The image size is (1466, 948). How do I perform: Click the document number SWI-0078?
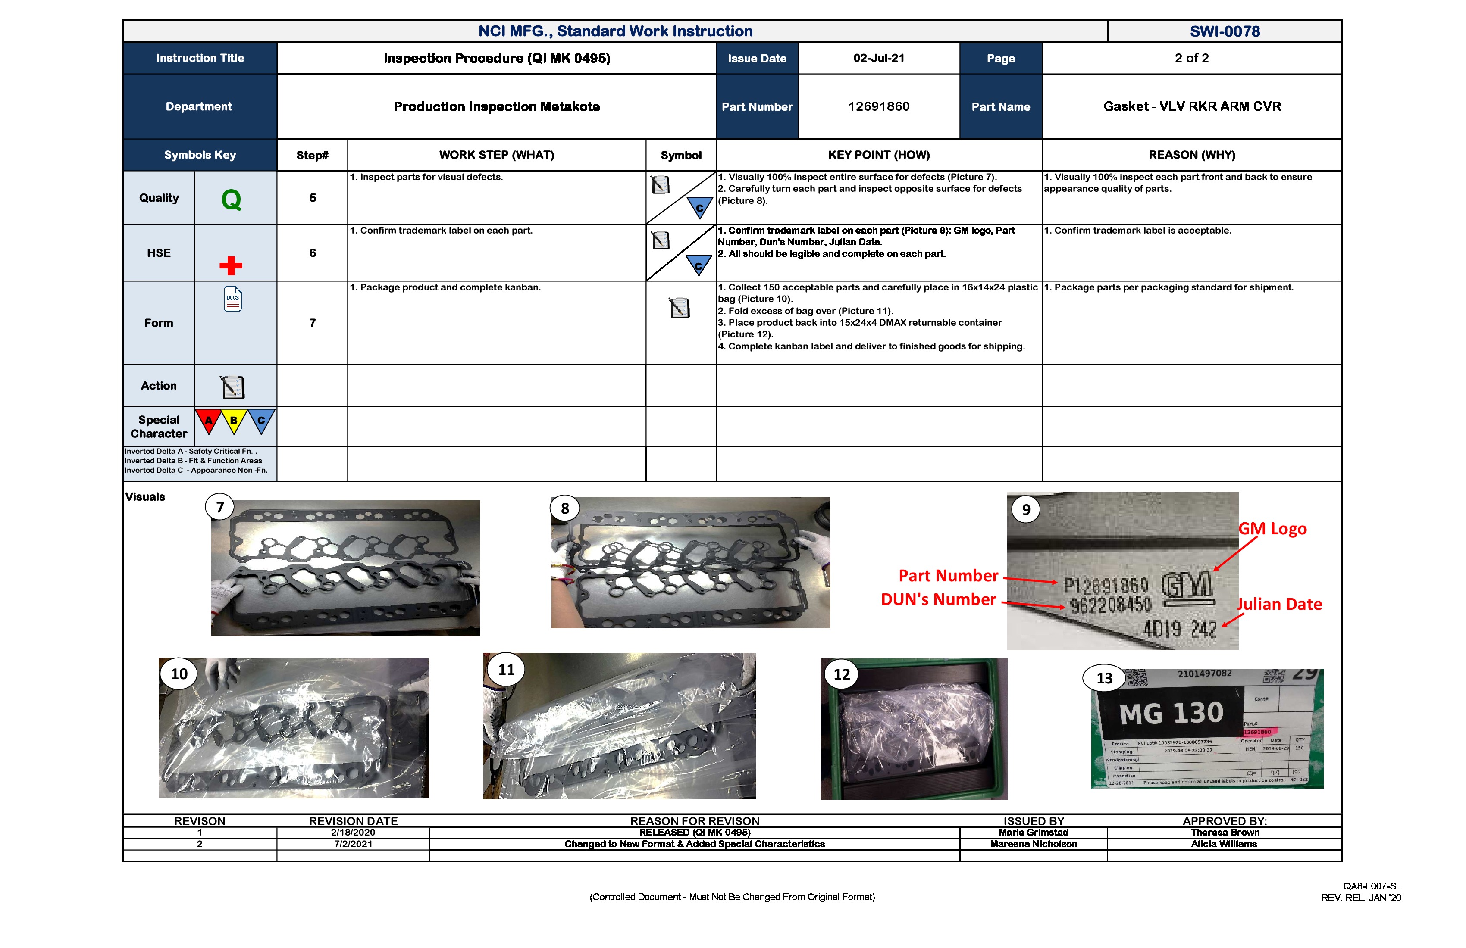point(1224,31)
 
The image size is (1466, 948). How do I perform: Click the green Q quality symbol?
point(231,200)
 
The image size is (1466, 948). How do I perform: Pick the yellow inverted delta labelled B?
point(234,421)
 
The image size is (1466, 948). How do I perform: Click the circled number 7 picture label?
point(220,507)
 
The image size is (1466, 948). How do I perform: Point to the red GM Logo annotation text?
point(1272,529)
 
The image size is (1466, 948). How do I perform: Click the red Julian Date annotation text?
point(1279,605)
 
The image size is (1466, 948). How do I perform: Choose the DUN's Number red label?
point(938,599)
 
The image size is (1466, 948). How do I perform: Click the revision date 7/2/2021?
point(353,844)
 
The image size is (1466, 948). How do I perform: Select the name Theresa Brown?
point(1224,832)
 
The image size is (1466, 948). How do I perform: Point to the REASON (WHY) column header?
point(1191,155)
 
